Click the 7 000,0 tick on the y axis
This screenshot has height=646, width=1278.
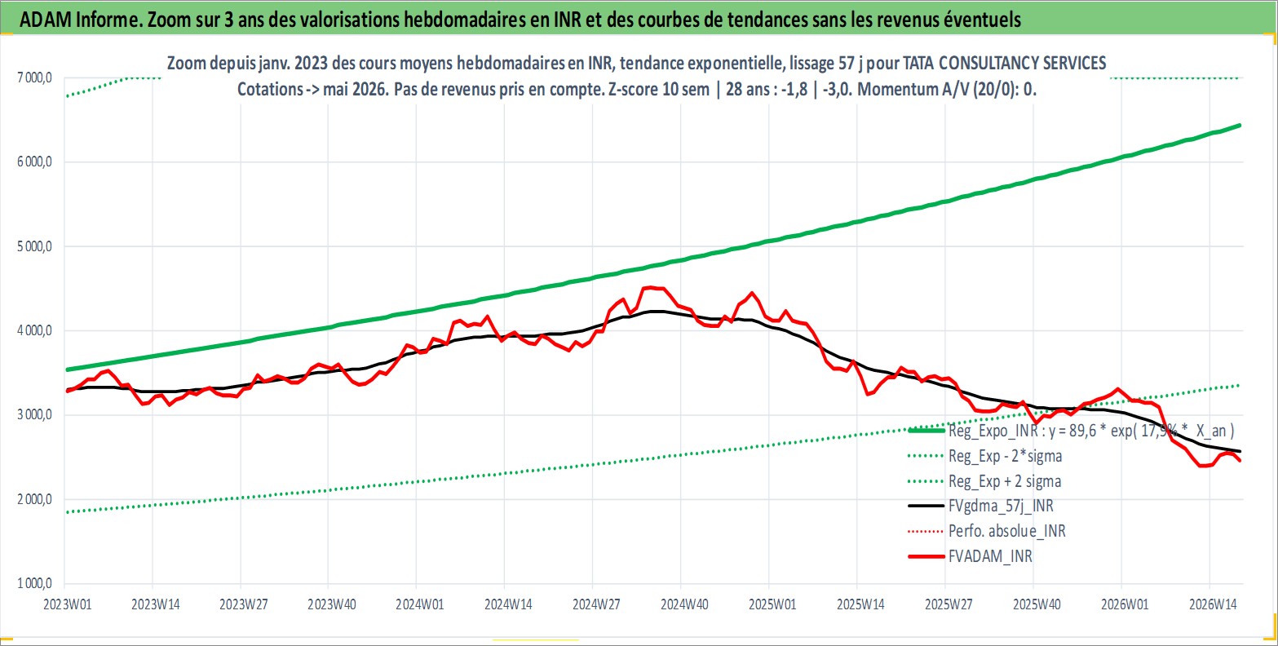35,77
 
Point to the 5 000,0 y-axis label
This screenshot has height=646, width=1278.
35,246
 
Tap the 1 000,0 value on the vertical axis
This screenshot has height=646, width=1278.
35,583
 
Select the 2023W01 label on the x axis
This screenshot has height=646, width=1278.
68,604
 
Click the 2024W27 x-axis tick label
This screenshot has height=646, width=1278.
596,604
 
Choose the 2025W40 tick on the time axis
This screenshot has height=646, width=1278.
1037,604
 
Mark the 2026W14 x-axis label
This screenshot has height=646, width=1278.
1213,604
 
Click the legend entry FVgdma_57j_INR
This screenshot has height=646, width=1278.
1001,506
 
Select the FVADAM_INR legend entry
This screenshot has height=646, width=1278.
990,555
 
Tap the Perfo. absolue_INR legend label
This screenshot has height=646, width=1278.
1007,531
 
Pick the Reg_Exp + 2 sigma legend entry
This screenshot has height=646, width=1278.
1005,481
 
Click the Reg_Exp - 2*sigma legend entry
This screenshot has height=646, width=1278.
1006,456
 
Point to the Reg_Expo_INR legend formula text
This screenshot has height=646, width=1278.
1091,431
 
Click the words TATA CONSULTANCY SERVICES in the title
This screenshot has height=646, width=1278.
1004,63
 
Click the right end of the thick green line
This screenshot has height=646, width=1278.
1240,125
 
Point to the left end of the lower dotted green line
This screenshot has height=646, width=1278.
68,512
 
